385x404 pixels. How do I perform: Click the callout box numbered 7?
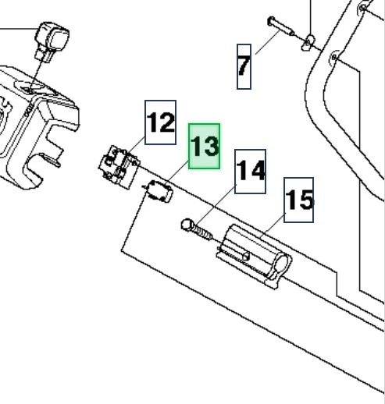point(244,66)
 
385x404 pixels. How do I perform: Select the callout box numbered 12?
point(160,122)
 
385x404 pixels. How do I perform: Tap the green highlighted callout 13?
point(205,146)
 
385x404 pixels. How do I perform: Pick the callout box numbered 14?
point(250,172)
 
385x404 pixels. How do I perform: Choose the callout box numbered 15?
point(298,200)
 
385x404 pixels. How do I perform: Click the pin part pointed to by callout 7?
point(281,27)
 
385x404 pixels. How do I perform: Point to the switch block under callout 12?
point(119,167)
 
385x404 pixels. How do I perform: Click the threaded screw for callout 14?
point(197,230)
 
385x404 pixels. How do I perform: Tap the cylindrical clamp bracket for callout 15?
point(254,257)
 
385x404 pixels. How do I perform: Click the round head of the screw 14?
point(187,225)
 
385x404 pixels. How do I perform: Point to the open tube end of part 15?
point(281,263)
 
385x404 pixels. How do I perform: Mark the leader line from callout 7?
point(268,42)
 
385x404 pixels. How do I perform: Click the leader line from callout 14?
point(216,204)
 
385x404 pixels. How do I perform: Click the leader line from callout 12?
point(136,145)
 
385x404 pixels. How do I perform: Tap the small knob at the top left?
point(52,41)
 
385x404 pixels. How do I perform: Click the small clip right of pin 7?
point(308,43)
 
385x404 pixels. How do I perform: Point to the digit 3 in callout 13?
point(211,147)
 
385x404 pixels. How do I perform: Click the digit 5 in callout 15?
point(305,200)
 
